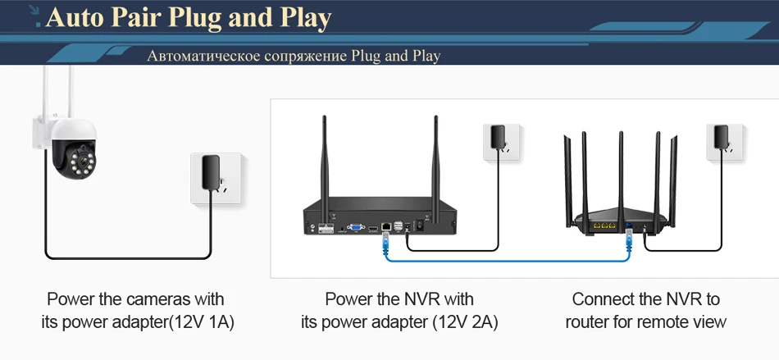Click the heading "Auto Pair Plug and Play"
tap(189, 17)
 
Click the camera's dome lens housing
tap(72, 153)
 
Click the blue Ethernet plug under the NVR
tap(386, 240)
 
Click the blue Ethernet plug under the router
tap(629, 239)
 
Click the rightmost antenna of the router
tap(680, 176)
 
